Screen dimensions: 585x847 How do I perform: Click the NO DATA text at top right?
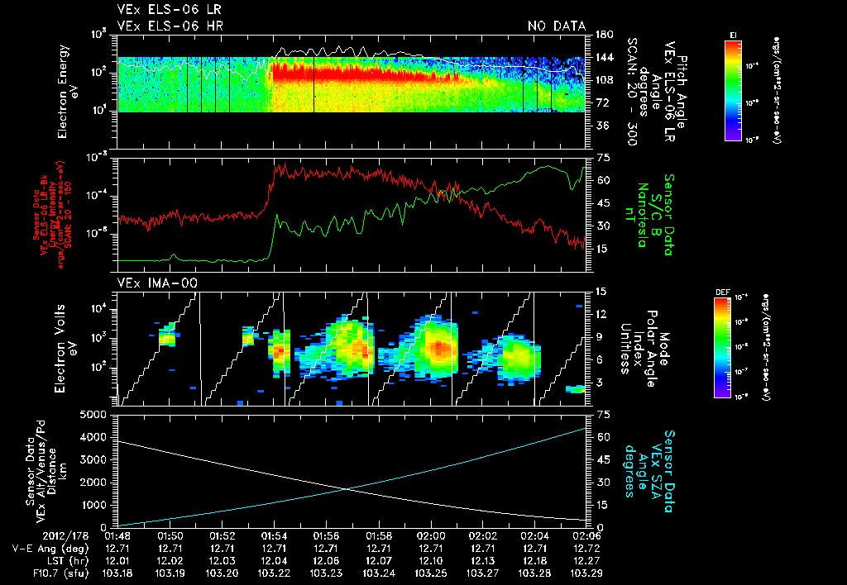click(x=557, y=26)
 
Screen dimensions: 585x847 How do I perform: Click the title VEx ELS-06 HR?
click(x=170, y=26)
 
